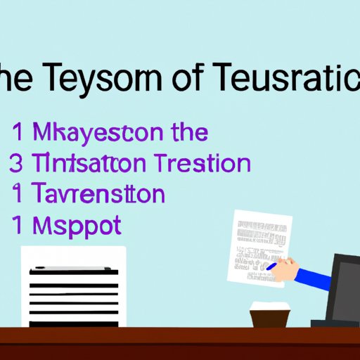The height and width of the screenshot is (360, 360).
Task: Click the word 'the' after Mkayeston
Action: pos(186,132)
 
